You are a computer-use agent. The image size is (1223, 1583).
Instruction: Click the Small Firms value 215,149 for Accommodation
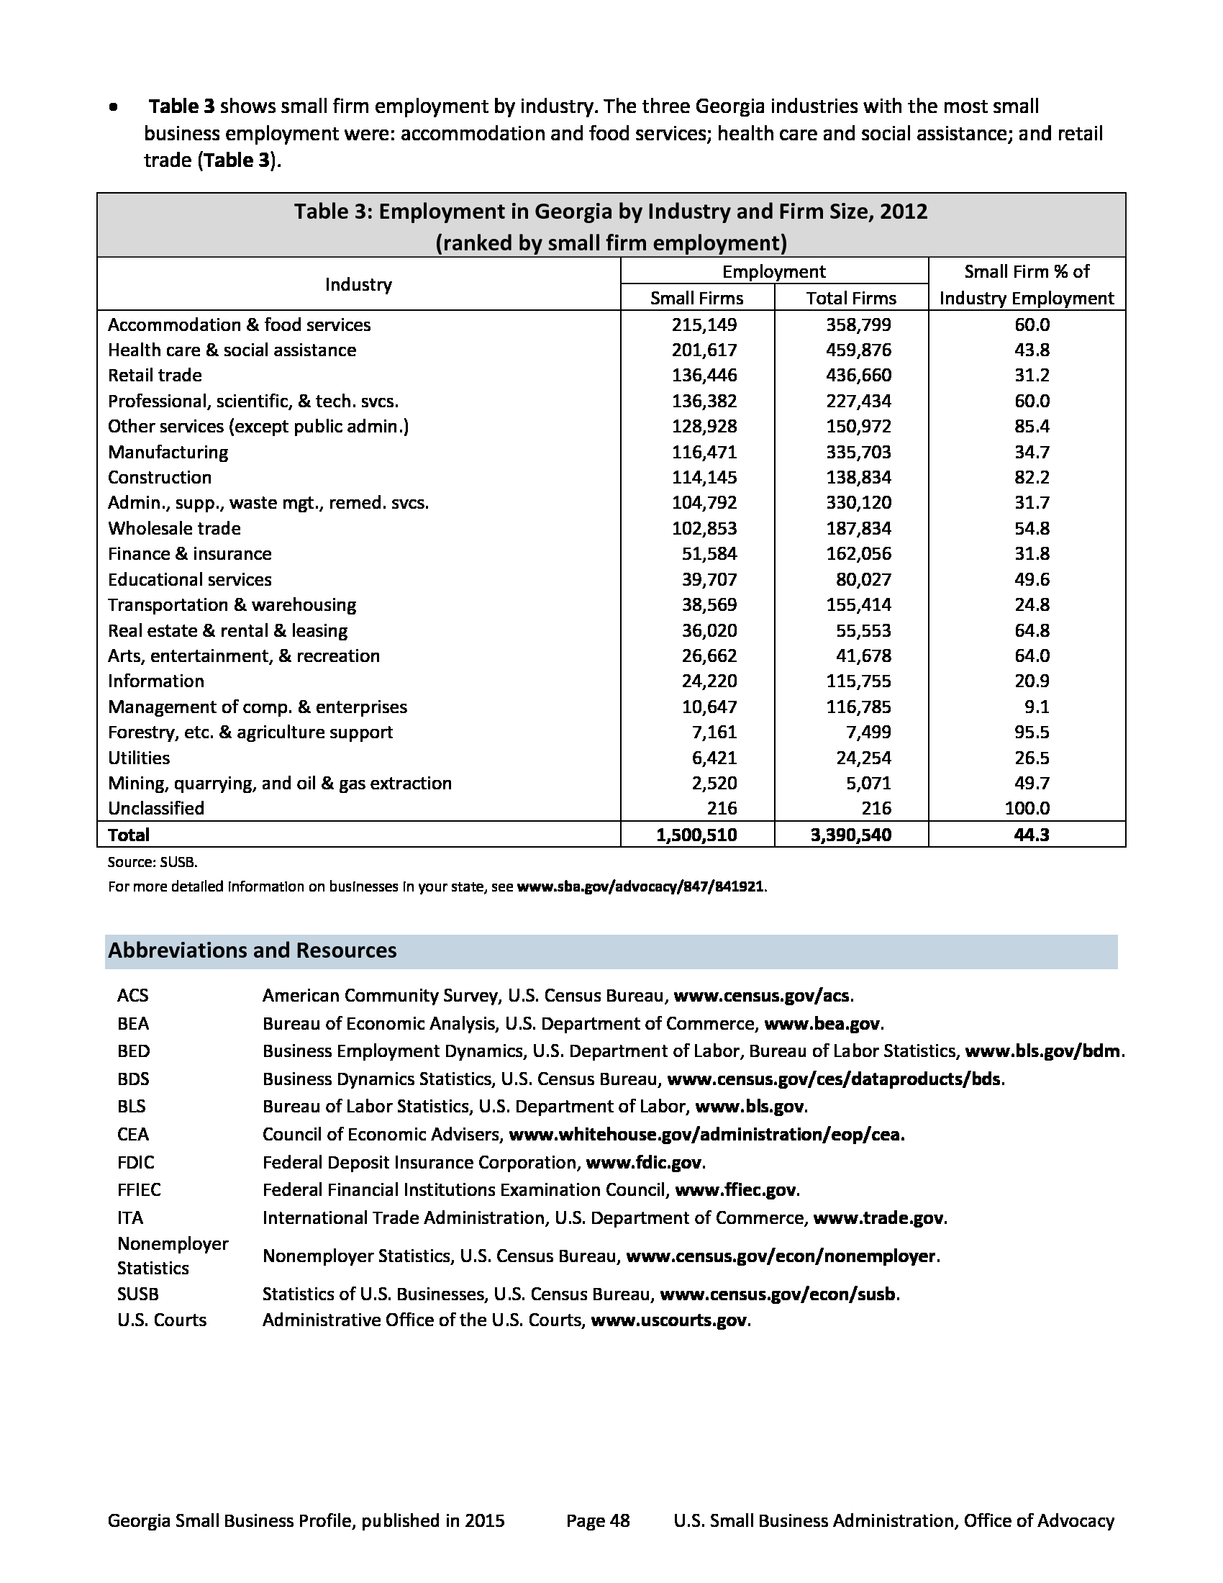tap(704, 325)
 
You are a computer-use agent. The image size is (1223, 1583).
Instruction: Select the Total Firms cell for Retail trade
tap(858, 376)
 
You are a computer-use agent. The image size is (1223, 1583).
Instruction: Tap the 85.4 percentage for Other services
tap(1032, 426)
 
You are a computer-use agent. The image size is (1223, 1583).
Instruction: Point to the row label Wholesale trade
tap(174, 528)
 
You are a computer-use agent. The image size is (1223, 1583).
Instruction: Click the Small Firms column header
tap(696, 298)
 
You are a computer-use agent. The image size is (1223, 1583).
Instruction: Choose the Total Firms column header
tap(850, 298)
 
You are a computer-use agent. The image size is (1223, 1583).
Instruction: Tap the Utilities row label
tap(138, 758)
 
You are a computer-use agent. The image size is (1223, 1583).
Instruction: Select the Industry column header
tap(358, 284)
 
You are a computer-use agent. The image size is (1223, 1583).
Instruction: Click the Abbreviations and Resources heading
tap(252, 951)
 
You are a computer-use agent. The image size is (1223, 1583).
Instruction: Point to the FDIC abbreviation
tap(135, 1162)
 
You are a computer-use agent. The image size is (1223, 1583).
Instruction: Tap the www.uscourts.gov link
tap(669, 1320)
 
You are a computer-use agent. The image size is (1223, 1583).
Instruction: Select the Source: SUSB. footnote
tap(152, 862)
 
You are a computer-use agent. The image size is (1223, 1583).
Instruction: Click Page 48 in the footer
tap(598, 1520)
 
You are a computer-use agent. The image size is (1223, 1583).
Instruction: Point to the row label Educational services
tap(189, 579)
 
